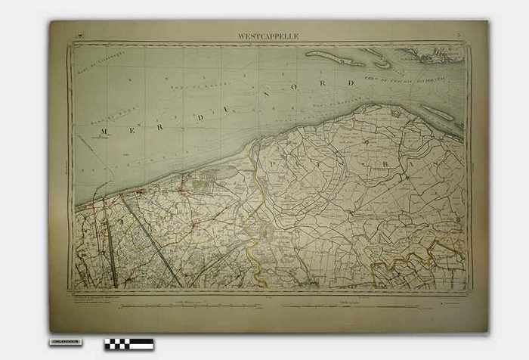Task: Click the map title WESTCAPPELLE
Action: coord(268,36)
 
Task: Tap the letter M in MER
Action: coord(104,132)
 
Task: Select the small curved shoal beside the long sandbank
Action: coord(382,65)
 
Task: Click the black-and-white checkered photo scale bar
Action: coord(129,344)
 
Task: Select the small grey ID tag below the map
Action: coord(66,342)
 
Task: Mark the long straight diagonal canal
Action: coord(152,238)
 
